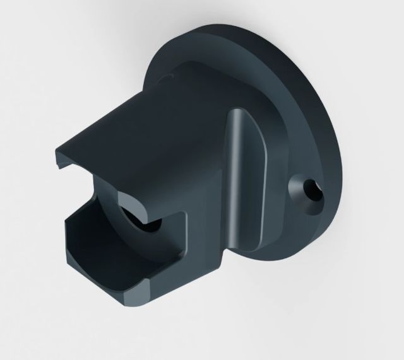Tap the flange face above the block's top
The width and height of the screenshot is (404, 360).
[x=208, y=69]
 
